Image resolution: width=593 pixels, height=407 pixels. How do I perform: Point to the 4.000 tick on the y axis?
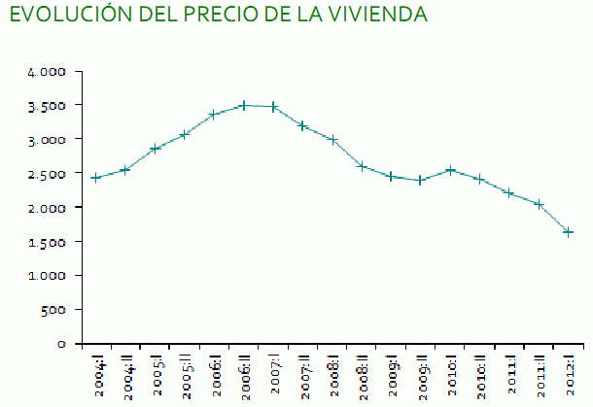(47, 72)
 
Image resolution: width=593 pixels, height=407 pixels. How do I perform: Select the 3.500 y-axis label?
(47, 106)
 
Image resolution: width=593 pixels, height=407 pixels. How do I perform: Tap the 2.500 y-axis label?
(47, 174)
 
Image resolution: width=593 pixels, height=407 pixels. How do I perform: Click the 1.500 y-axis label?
(47, 242)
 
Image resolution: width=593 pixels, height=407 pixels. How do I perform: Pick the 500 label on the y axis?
(54, 310)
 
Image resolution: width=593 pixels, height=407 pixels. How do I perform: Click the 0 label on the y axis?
(61, 344)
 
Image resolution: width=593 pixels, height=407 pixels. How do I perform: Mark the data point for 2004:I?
(96, 178)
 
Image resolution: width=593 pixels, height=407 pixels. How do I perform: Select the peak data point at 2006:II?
(244, 105)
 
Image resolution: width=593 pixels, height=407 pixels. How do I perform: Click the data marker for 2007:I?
(274, 106)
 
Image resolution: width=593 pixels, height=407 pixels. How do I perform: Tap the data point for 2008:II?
(362, 166)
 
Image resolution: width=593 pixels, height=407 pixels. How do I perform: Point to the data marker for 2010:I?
(450, 170)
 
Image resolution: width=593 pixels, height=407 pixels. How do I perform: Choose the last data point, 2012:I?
(568, 232)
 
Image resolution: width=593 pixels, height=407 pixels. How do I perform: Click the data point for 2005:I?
(155, 149)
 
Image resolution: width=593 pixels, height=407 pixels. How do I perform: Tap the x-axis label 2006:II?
(246, 374)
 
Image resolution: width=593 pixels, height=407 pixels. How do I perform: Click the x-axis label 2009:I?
(393, 374)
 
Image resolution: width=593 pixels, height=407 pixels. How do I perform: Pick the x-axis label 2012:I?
(570, 374)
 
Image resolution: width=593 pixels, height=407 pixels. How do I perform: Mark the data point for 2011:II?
(539, 204)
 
